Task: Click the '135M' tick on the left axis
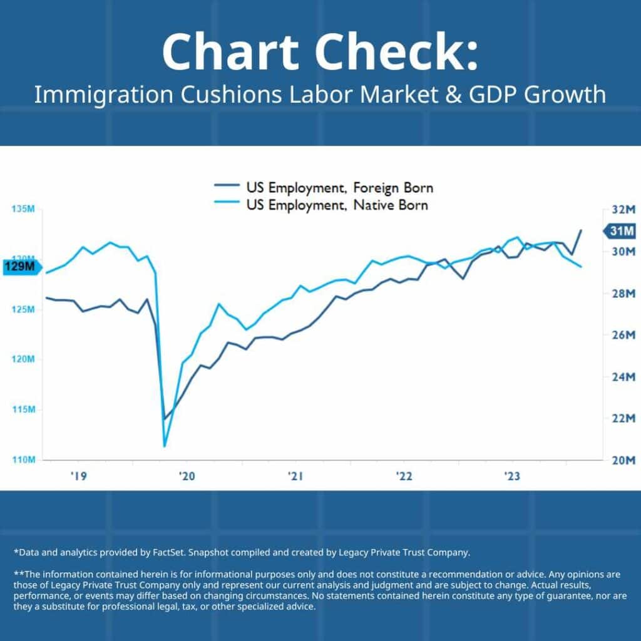[x=23, y=208]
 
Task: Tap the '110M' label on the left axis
[x=23, y=460]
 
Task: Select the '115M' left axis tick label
[x=23, y=409]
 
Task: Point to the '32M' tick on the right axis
[x=623, y=208]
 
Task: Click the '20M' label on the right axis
[x=623, y=460]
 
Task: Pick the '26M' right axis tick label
[x=623, y=335]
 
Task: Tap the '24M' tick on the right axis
[x=623, y=377]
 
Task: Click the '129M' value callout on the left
[x=22, y=267]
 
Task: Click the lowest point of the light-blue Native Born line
[x=165, y=446]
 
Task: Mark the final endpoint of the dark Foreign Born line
[x=582, y=230]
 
